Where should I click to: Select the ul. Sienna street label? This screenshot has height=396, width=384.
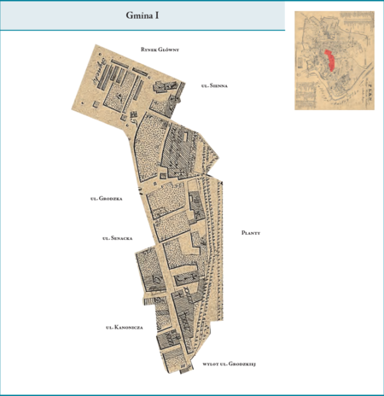[x=213, y=86]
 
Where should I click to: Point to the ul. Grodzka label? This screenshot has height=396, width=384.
[x=107, y=199]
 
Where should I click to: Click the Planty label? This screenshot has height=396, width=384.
[x=250, y=232]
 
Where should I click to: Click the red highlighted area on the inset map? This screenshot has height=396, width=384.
[x=329, y=64]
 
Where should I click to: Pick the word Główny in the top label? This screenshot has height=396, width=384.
[x=177, y=50]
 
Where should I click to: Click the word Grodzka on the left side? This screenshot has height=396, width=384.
[x=111, y=199]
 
